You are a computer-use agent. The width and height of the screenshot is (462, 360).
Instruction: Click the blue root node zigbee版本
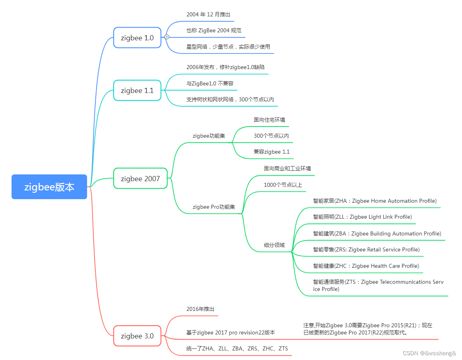coord(49,187)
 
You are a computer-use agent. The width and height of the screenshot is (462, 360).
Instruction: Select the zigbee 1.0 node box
coord(137,38)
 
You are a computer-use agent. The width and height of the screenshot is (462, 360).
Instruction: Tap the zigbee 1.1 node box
coord(137,91)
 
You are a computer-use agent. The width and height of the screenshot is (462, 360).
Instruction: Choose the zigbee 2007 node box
coord(140,178)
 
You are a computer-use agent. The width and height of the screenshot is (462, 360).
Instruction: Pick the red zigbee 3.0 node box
coord(137,336)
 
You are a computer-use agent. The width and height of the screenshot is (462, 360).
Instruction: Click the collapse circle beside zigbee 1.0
coord(166,37)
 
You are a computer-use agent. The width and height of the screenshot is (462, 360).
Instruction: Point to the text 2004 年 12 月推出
coord(208,14)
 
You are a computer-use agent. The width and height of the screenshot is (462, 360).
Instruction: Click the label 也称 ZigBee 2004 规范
coord(214,30)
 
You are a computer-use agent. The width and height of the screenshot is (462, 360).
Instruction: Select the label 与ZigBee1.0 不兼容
coord(210,83)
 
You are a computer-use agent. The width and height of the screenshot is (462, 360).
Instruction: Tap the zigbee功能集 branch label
coord(209,136)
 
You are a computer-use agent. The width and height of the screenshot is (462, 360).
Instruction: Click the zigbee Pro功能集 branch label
coord(214,207)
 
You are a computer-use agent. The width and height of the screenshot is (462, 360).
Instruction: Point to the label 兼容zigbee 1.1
coord(272,152)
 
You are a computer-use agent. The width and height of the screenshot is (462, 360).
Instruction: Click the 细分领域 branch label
coord(274,245)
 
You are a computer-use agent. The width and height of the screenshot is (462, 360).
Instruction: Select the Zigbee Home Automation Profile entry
coord(375,201)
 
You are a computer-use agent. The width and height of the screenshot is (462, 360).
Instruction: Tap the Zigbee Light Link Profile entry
coord(362,217)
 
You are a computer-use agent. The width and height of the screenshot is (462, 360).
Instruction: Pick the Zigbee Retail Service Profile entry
coord(366,249)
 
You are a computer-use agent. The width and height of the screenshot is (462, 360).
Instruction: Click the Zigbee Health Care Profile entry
coord(366,266)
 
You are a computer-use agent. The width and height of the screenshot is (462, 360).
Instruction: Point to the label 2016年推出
coord(200,309)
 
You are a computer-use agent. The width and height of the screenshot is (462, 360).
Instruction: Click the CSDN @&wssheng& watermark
coord(429,353)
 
